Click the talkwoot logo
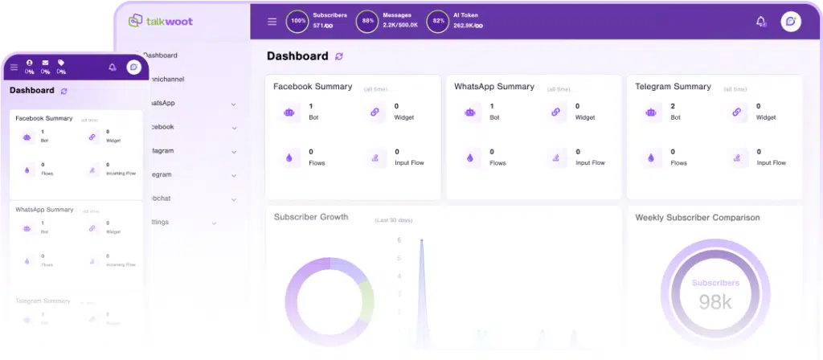click(x=158, y=21)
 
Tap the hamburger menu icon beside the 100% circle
click(x=272, y=22)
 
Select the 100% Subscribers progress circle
click(x=297, y=22)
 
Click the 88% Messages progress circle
click(x=367, y=22)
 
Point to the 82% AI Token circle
click(x=438, y=22)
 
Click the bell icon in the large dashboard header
click(x=760, y=22)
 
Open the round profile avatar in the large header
click(x=790, y=22)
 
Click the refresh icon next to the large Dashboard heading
click(x=339, y=56)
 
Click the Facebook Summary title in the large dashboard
click(x=313, y=86)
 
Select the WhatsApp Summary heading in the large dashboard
click(x=493, y=86)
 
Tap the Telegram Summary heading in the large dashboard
click(x=673, y=86)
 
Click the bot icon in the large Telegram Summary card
click(x=650, y=112)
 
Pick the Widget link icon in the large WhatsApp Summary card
click(x=555, y=112)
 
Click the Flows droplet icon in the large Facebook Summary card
click(x=289, y=158)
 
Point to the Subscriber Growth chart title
click(x=311, y=217)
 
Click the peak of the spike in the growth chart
click(x=421, y=240)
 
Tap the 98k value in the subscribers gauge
click(x=714, y=302)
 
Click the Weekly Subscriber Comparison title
click(x=697, y=217)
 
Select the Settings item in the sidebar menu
click(x=158, y=222)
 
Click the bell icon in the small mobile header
click(x=113, y=67)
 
